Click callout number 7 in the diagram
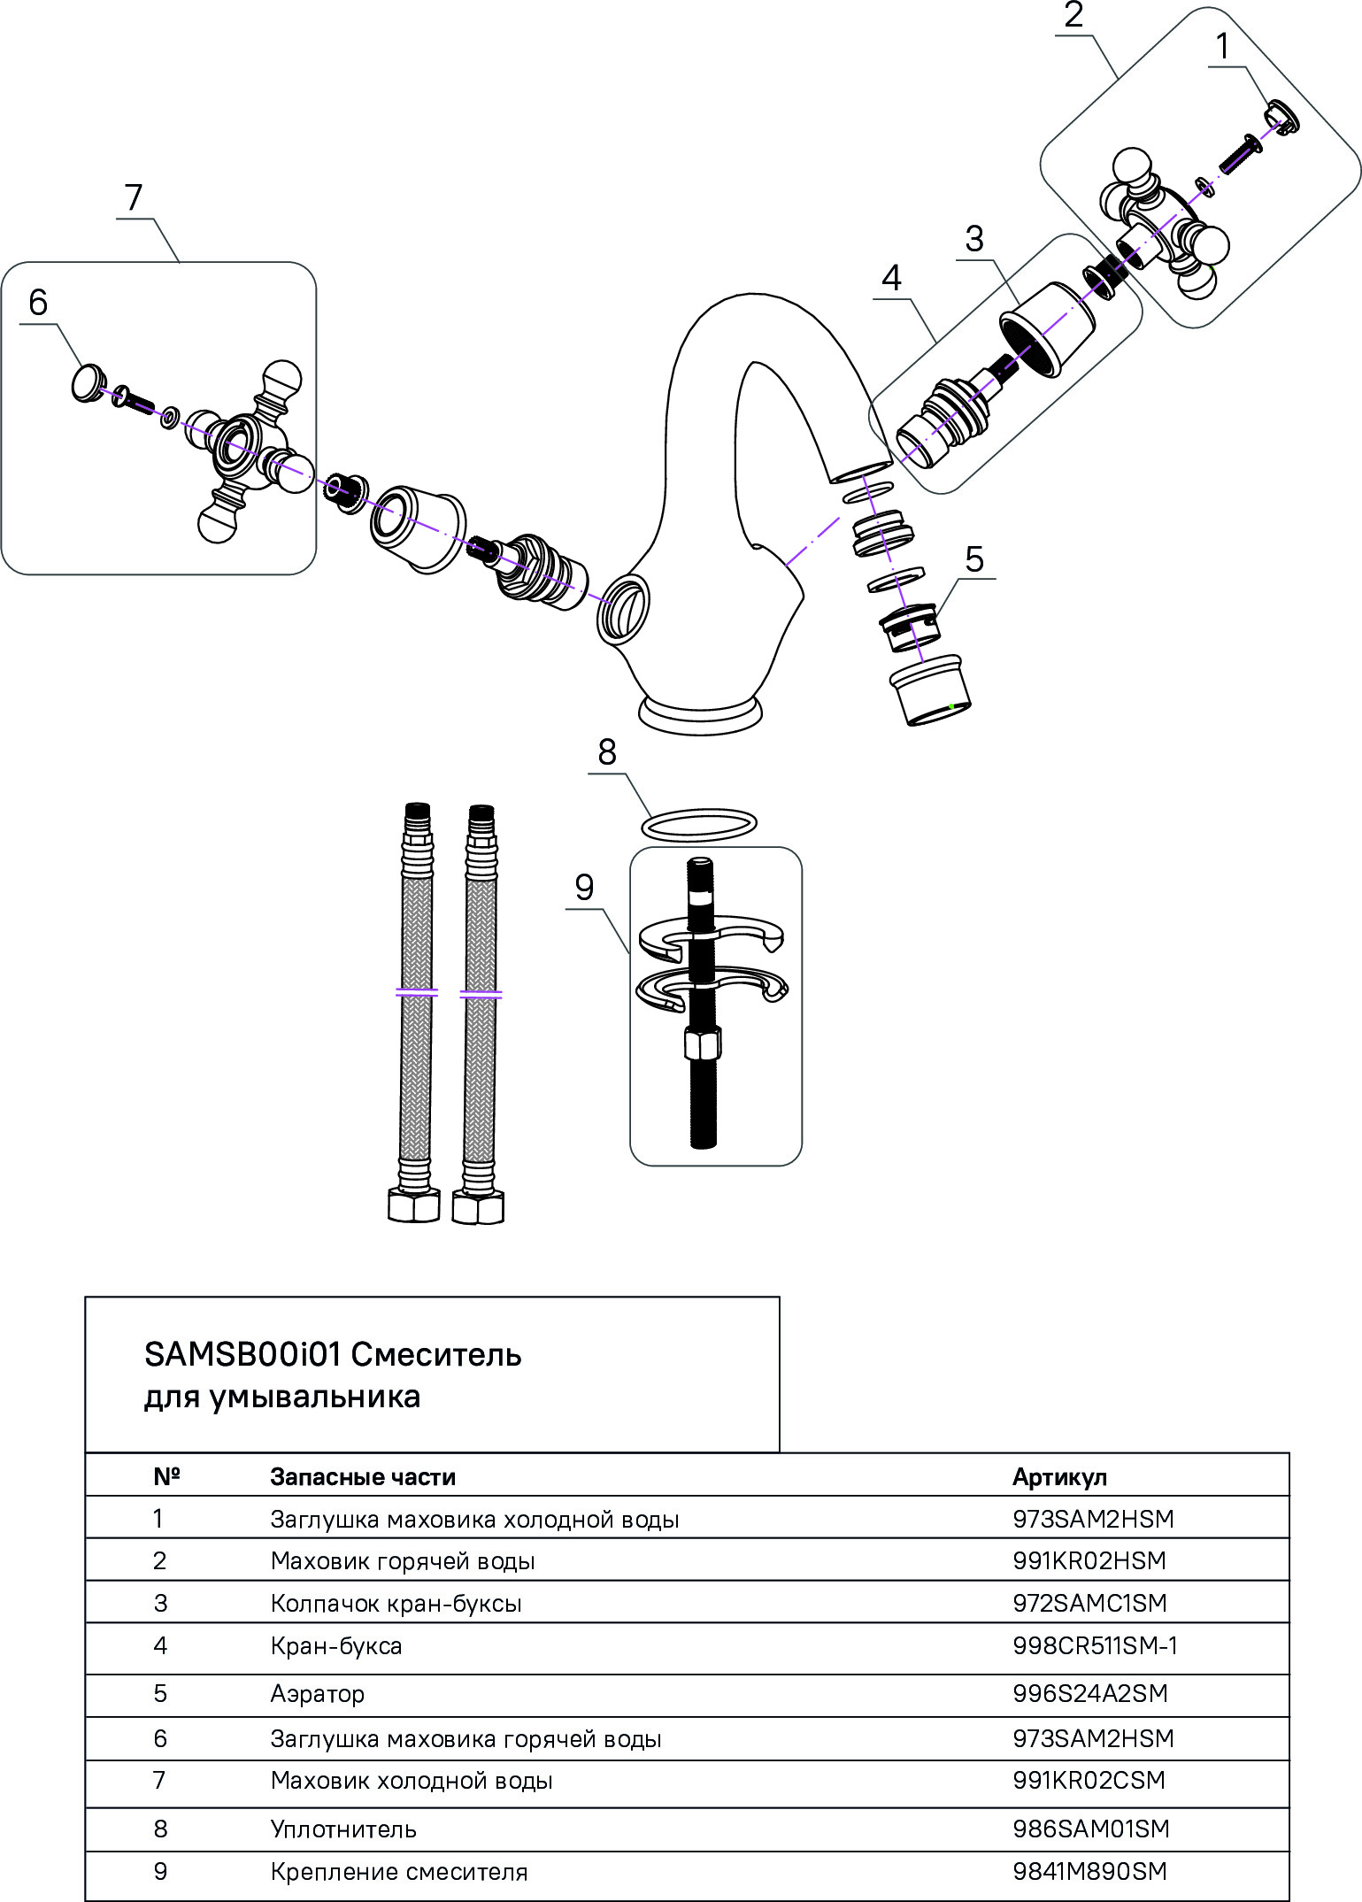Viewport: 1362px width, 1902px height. click(x=134, y=197)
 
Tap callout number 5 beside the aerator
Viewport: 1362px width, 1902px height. click(x=973, y=559)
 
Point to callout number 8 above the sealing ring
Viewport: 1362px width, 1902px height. click(x=606, y=752)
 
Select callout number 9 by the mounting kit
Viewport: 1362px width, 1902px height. click(x=584, y=888)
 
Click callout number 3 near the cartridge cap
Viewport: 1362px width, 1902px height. click(x=973, y=239)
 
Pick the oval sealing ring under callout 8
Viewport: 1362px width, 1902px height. click(x=698, y=824)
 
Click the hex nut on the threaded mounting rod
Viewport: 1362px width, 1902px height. click(x=703, y=1045)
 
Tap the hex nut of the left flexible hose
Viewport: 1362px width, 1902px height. click(x=414, y=1205)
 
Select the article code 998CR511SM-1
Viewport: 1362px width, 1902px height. click(x=1095, y=1646)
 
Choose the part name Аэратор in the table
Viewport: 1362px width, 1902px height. click(x=317, y=1694)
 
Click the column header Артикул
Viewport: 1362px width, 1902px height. click(x=1059, y=1477)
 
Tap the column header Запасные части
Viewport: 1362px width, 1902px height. click(x=363, y=1477)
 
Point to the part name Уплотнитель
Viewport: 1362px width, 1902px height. click(x=343, y=1829)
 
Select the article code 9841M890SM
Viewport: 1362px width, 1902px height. click(x=1089, y=1872)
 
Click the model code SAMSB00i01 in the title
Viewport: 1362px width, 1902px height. click(x=243, y=1355)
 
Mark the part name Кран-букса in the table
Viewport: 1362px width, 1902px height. click(x=336, y=1646)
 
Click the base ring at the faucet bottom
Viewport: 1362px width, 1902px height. click(x=700, y=715)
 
